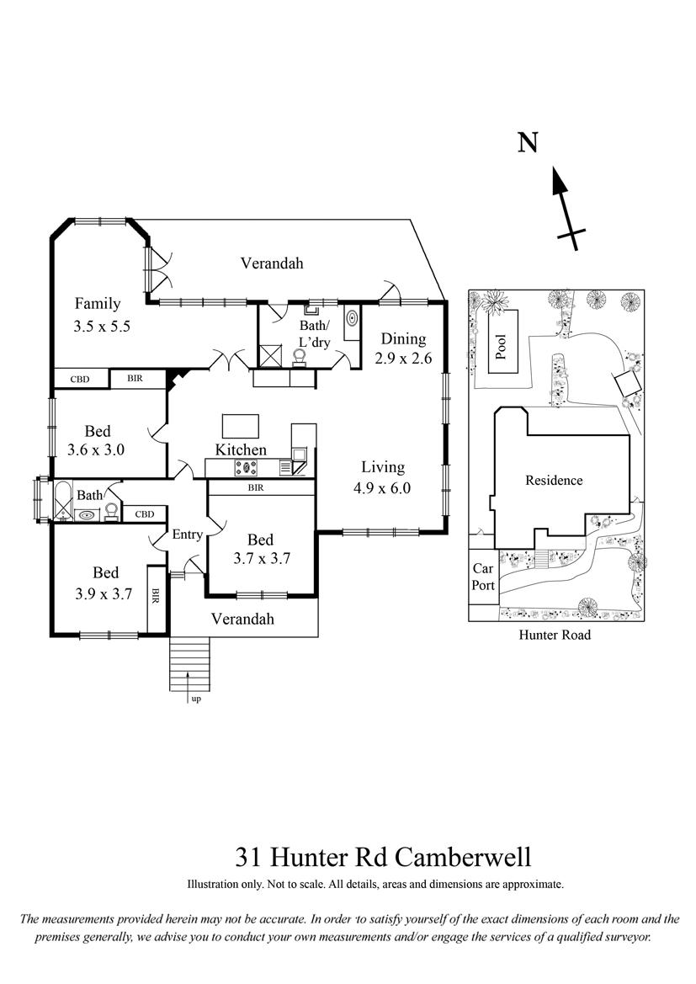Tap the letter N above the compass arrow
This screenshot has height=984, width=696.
[528, 142]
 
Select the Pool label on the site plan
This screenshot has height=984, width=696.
[501, 346]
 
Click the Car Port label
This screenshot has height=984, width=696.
[483, 577]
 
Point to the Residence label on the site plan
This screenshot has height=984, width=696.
[554, 480]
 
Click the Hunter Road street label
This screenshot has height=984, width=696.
[554, 635]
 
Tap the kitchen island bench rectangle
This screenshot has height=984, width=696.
[241, 426]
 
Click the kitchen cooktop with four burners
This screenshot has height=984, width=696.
[247, 467]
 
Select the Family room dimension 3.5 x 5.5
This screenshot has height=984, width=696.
[102, 327]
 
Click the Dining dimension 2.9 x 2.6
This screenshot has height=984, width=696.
[403, 359]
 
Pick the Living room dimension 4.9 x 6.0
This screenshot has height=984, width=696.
[382, 487]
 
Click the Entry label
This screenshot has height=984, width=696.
[187, 534]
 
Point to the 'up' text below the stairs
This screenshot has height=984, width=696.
[196, 699]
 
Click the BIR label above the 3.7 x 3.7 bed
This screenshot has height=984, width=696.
[256, 487]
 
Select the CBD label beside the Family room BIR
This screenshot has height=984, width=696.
[80, 379]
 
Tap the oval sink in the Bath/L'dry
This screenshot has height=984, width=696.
[352, 319]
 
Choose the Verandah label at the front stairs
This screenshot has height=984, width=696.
[242, 619]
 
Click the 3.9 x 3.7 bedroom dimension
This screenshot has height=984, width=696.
[104, 593]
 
